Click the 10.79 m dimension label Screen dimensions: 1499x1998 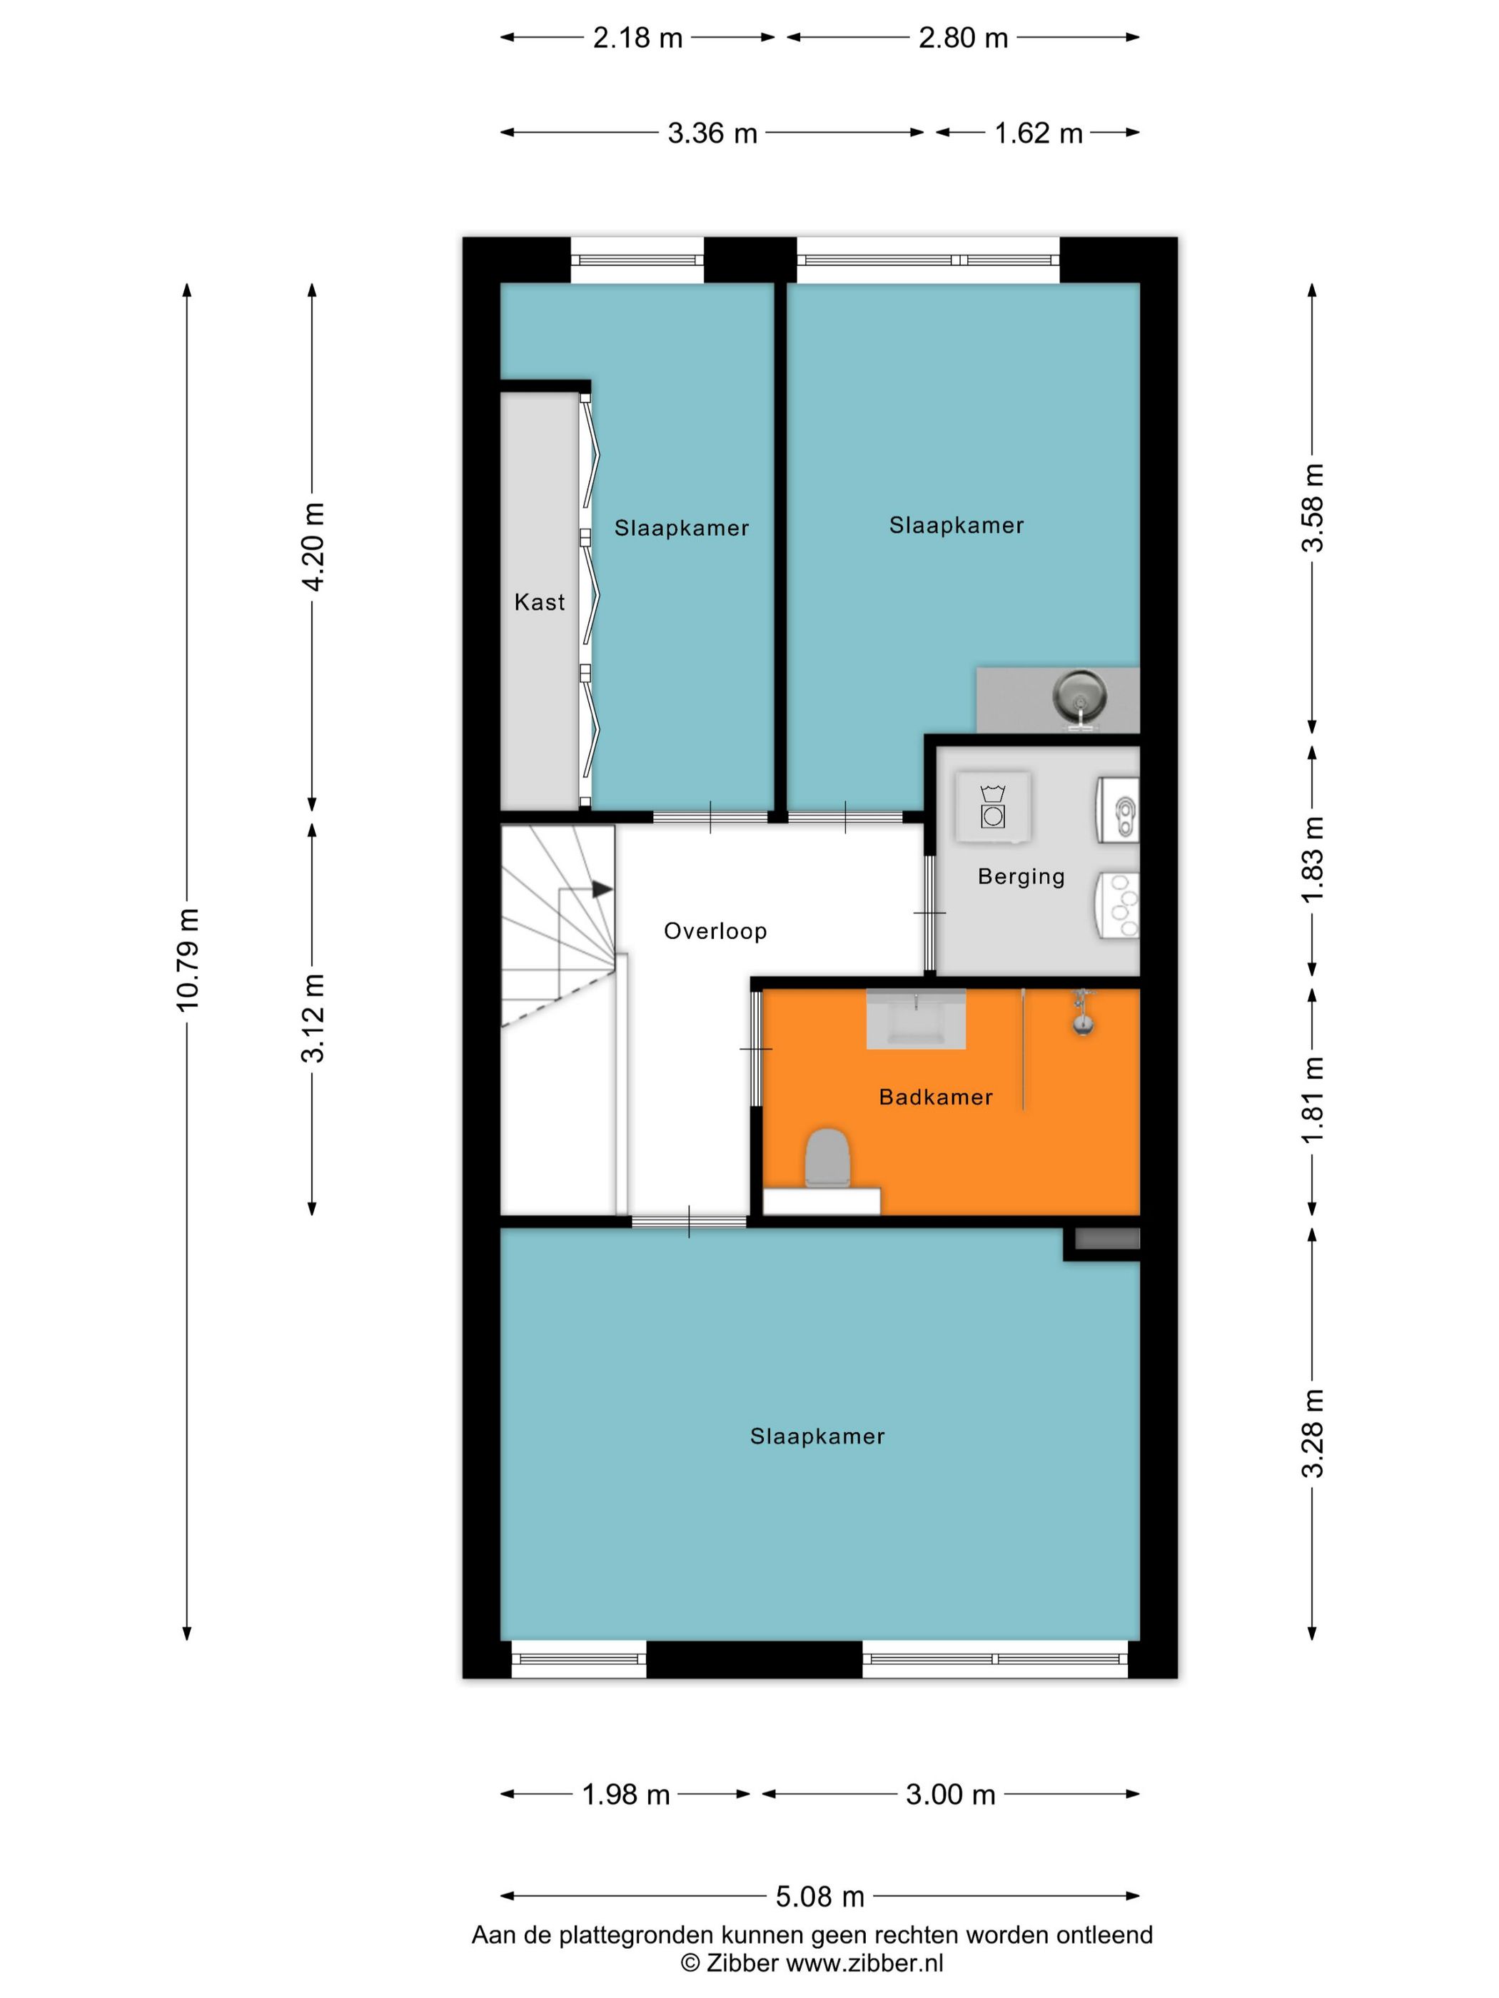(188, 958)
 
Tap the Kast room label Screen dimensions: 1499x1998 (540, 602)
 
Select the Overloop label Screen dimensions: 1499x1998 (715, 930)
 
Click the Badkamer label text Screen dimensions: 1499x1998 (935, 1097)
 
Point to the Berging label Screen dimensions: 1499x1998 (1021, 876)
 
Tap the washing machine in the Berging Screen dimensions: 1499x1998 (993, 806)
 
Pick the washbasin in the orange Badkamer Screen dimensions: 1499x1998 (915, 1019)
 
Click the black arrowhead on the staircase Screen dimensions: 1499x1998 (602, 889)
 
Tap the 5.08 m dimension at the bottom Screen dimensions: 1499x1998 (819, 1896)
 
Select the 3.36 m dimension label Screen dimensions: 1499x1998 (712, 133)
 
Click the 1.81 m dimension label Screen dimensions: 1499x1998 (1312, 1100)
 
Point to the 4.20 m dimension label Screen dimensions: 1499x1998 (313, 547)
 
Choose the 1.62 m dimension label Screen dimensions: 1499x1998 (1038, 133)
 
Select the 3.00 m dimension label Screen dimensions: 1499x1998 (951, 1794)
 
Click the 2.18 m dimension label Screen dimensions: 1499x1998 (637, 38)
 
